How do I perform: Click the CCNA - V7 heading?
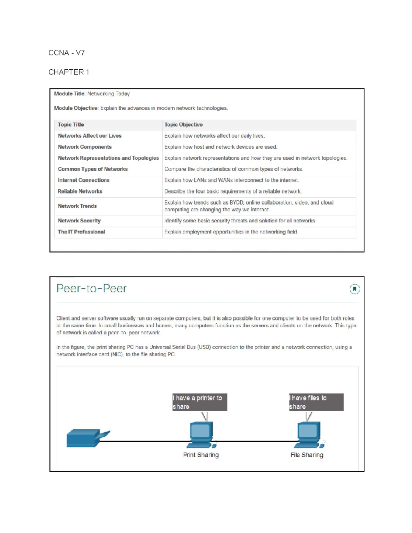pyautogui.click(x=67, y=53)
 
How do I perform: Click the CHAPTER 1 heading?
pyautogui.click(x=69, y=72)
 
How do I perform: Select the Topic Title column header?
pyautogui.click(x=71, y=125)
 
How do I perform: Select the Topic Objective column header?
pyautogui.click(x=183, y=125)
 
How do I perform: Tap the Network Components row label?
pyautogui.click(x=84, y=147)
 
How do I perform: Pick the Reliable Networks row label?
pyautogui.click(x=80, y=192)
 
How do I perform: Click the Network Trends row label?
pyautogui.click(x=77, y=206)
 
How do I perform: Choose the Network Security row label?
pyautogui.click(x=79, y=221)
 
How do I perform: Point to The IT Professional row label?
pyautogui.click(x=81, y=232)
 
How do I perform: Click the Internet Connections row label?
pyautogui.click(x=83, y=180)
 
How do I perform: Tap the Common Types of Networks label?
pyautogui.click(x=93, y=169)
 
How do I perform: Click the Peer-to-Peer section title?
pyautogui.click(x=91, y=288)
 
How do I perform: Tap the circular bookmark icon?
pyautogui.click(x=355, y=289)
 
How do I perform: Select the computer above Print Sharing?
pyautogui.click(x=202, y=434)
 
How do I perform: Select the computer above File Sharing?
pyautogui.click(x=309, y=434)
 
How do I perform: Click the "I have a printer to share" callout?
pyautogui.click(x=199, y=402)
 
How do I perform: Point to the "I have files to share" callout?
pyautogui.click(x=316, y=402)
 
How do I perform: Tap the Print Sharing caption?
pyautogui.click(x=201, y=455)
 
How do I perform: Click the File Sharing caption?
pyautogui.click(x=307, y=455)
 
